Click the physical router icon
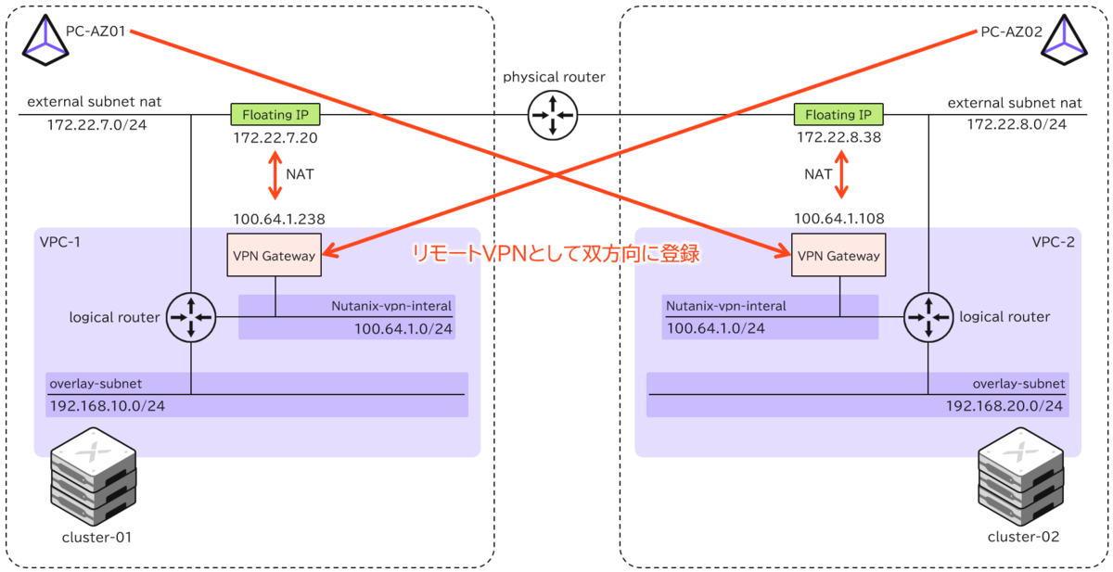tap(553, 115)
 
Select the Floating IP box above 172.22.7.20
tap(275, 114)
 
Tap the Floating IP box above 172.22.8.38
tap(838, 114)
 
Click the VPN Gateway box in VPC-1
tap(275, 255)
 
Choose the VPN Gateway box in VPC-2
tap(838, 255)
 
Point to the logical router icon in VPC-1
tap(191, 317)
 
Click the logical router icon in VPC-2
tap(928, 317)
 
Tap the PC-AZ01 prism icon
tap(45, 40)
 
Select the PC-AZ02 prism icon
tap(1065, 40)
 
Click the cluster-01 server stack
tap(94, 477)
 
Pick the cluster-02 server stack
tap(1020, 477)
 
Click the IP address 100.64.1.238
tap(279, 219)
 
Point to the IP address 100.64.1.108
tap(839, 219)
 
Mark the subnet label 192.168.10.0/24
tap(108, 406)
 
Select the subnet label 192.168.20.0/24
tap(1004, 406)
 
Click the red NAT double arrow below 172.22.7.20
tap(275, 175)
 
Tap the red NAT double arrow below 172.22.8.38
tap(841, 174)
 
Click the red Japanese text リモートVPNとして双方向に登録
tap(556, 253)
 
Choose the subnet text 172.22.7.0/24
tap(96, 124)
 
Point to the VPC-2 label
tap(1053, 242)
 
